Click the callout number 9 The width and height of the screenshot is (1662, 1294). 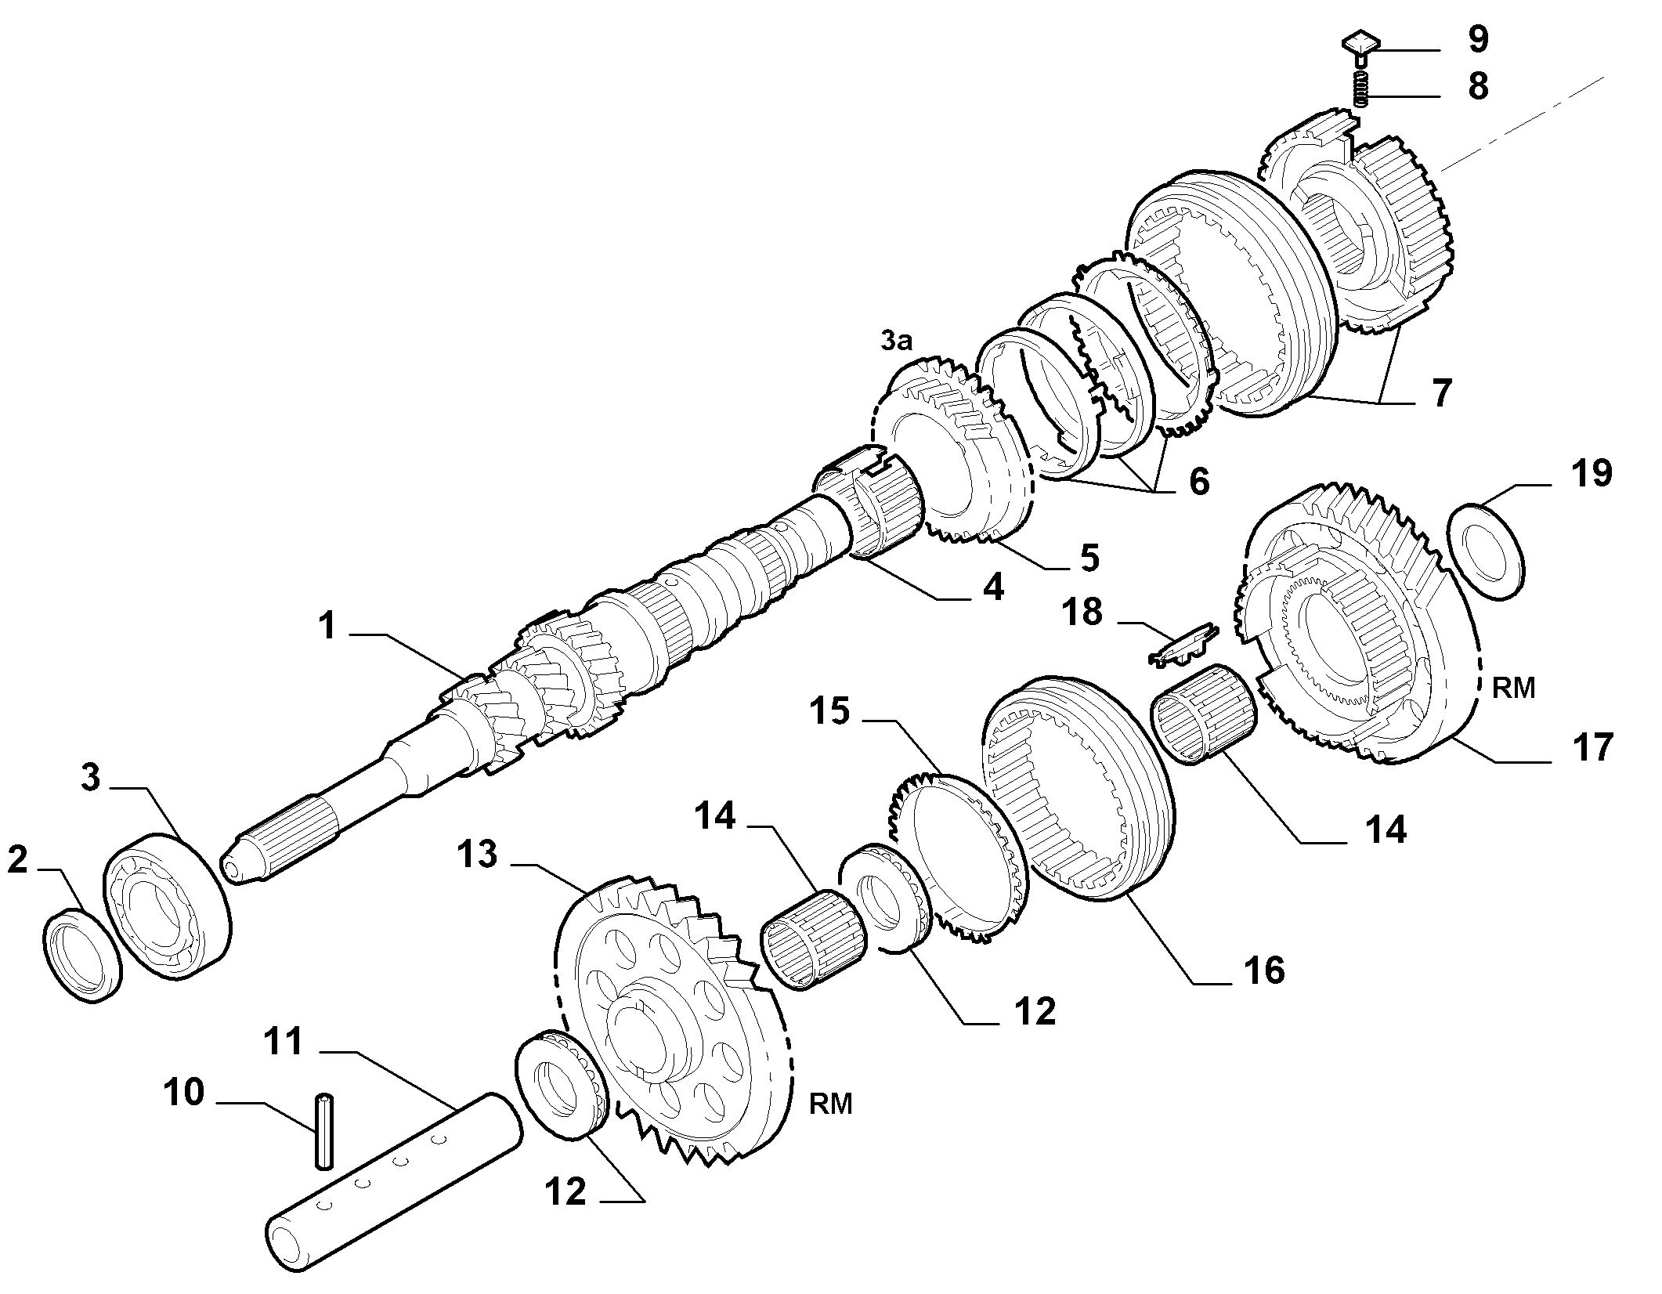tap(1478, 39)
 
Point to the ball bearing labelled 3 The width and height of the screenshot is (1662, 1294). tap(168, 907)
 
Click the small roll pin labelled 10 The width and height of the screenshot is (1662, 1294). tap(323, 1130)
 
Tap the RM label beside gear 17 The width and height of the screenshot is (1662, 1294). tap(1513, 688)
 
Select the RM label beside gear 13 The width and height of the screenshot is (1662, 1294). tap(830, 1104)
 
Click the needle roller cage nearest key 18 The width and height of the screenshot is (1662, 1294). tap(1203, 713)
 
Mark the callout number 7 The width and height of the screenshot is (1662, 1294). tap(1441, 392)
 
